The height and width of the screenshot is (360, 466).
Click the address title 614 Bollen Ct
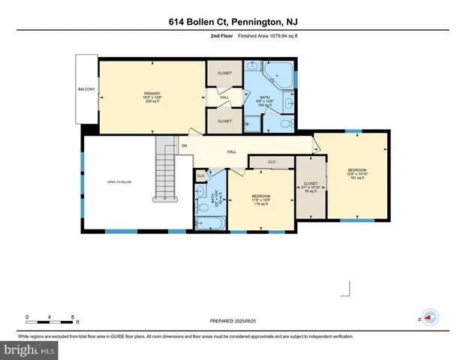pos(233,23)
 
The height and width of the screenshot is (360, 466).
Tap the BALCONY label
pos(86,90)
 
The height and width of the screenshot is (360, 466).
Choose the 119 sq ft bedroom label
pos(260,200)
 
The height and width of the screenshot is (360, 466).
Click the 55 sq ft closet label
pos(310,187)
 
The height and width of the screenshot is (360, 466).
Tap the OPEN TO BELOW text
pos(119,182)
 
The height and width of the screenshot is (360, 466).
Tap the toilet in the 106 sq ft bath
pos(288,124)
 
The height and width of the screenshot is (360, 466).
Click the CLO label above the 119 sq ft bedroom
pos(272,161)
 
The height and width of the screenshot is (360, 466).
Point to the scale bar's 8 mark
pos(71,317)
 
